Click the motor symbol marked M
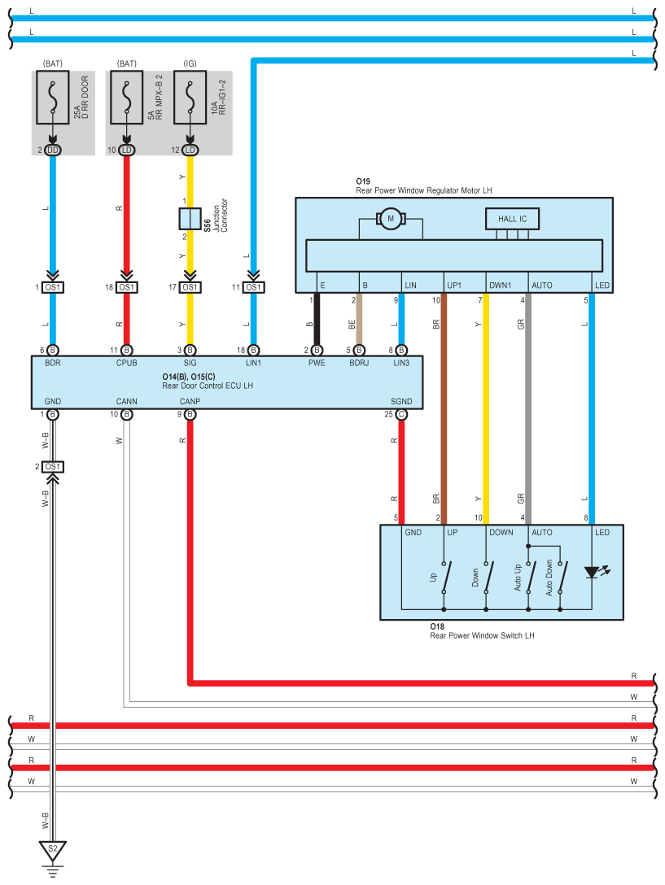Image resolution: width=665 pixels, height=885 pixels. [x=391, y=219]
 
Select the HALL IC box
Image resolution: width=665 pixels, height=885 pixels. [x=512, y=219]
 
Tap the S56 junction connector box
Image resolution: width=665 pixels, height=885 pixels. [x=190, y=219]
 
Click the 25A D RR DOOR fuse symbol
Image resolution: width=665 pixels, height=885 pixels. [x=53, y=97]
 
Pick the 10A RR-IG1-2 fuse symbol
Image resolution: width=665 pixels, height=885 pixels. [x=190, y=97]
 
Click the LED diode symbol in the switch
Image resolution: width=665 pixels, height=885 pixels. [x=592, y=573]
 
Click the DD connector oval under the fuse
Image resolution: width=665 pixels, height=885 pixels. [x=53, y=150]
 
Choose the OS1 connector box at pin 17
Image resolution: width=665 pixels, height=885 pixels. [x=190, y=287]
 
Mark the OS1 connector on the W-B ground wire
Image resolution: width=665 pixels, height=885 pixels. [x=53, y=467]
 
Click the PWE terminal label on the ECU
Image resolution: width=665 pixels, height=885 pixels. [x=317, y=363]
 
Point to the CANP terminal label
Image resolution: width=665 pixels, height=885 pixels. [x=190, y=401]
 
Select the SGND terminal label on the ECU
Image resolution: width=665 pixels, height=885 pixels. [x=401, y=401]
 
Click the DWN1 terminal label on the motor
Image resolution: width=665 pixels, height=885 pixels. [x=500, y=285]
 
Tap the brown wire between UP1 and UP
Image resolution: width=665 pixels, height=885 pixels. [x=444, y=408]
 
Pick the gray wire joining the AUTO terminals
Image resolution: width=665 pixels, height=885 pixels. [x=528, y=408]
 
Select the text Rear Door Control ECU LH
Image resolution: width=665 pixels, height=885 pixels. [x=208, y=386]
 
